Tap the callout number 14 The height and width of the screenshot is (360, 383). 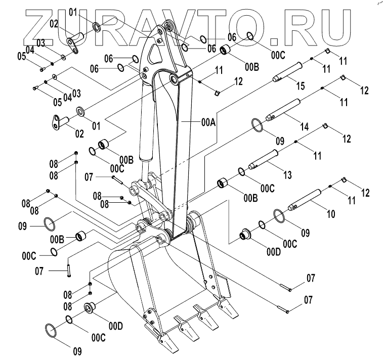pyautogui.click(x=303, y=128)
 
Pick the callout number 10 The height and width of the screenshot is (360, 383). pyautogui.click(x=331, y=214)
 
